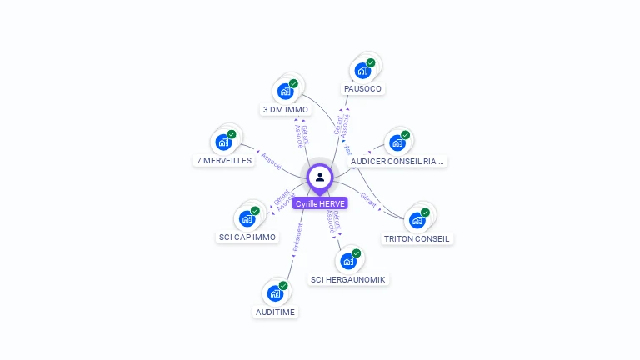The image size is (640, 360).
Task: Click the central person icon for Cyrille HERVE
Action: pos(320,177)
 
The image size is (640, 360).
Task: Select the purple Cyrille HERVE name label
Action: pos(320,203)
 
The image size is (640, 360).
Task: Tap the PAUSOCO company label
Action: pos(364,88)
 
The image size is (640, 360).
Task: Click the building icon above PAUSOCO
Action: pos(362,70)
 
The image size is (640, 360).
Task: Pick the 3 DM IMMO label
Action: pos(286,109)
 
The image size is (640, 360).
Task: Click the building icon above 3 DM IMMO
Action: pos(286,91)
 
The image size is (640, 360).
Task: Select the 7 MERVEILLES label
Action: pos(224,160)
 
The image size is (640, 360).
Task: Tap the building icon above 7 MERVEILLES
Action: pos(223,142)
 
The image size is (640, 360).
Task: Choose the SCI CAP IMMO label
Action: pos(247,237)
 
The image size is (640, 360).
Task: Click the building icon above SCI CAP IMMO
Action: pos(247,218)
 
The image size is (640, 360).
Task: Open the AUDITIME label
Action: pos(275,312)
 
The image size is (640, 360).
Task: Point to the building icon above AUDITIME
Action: pos(275,293)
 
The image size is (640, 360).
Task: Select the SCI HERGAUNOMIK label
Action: pos(348,279)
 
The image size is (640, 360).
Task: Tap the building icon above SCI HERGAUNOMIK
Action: pos(348,261)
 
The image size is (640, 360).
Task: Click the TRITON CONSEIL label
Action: pos(417,238)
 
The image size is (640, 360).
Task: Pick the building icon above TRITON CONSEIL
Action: pos(417,220)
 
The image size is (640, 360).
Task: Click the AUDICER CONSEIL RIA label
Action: pos(398,161)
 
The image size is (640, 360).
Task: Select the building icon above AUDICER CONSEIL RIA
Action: pos(397,142)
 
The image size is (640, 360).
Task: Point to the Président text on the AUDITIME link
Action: pos(297,237)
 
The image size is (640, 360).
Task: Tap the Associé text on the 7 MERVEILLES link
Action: pos(272,160)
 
